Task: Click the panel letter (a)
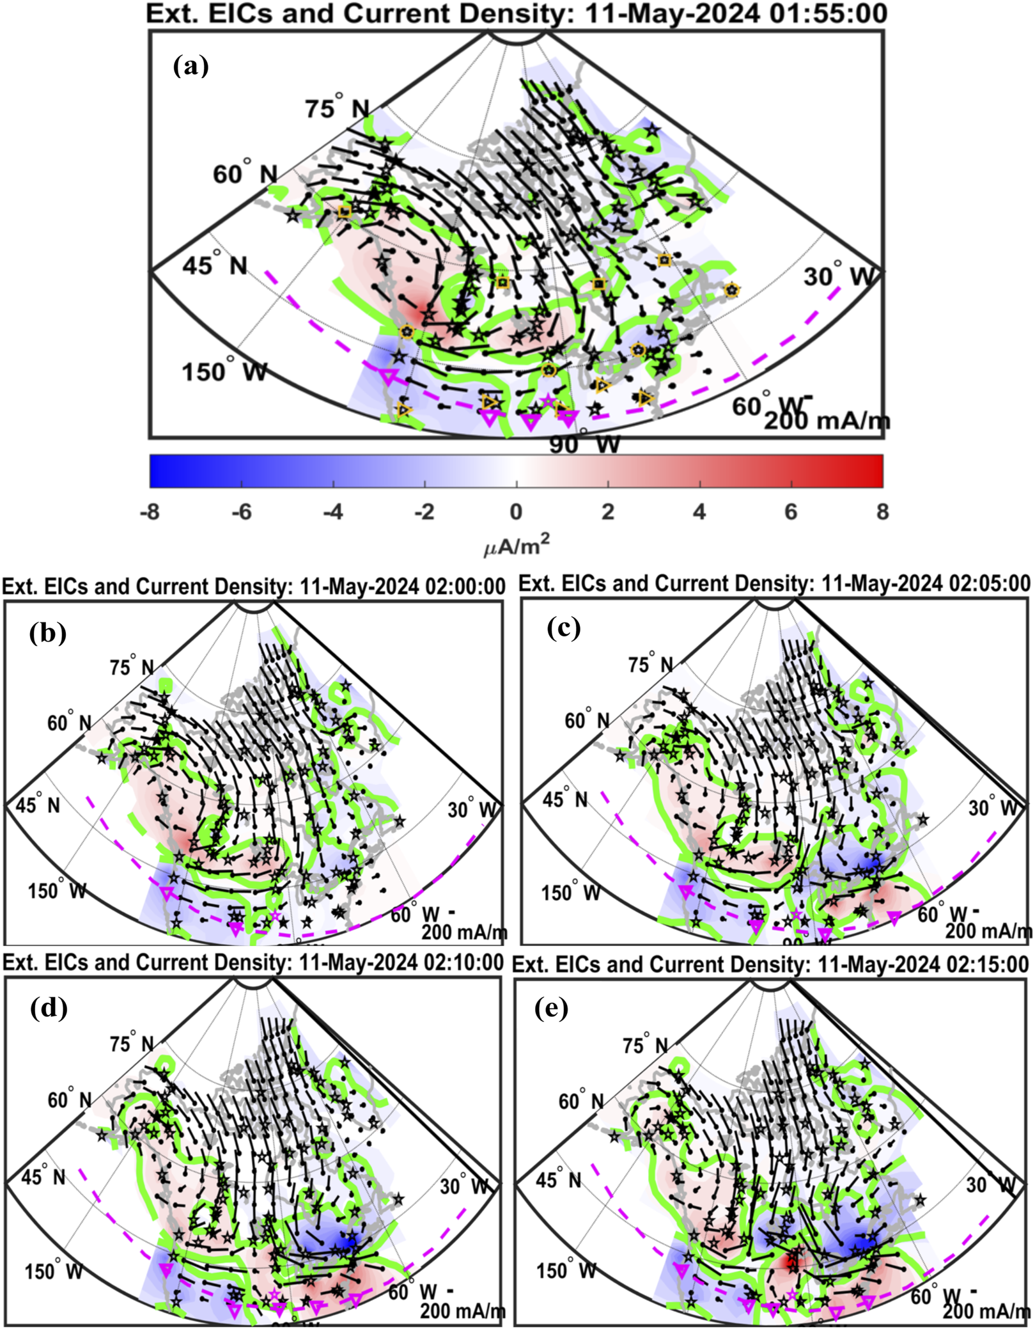(191, 66)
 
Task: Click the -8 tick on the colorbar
(150, 512)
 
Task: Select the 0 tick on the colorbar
(516, 512)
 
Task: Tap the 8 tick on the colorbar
(882, 512)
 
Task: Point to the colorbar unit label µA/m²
(517, 546)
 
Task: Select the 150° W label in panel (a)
(224, 372)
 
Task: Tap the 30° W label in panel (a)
(837, 276)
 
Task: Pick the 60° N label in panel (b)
(69, 722)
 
